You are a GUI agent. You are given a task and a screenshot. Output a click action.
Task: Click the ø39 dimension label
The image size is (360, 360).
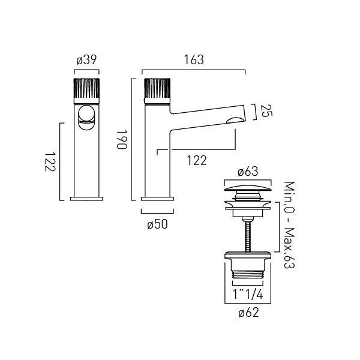click(x=86, y=59)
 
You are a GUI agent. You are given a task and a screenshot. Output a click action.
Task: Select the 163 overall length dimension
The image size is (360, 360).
click(x=194, y=59)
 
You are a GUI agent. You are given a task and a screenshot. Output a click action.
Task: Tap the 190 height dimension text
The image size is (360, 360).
click(x=122, y=140)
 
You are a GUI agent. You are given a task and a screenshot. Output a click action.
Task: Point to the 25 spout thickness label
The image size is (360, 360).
click(x=266, y=111)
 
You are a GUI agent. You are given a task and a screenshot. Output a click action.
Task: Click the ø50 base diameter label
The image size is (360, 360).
click(x=157, y=224)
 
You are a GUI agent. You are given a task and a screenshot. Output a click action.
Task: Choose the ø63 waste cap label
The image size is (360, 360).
click(x=248, y=172)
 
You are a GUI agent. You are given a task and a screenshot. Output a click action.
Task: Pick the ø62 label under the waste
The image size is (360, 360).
click(x=248, y=313)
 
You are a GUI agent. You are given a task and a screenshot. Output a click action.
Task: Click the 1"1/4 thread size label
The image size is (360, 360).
click(x=248, y=295)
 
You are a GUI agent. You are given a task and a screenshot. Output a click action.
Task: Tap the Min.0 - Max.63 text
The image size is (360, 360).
click(x=289, y=225)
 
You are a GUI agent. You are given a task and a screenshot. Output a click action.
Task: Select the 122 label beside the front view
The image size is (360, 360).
click(x=50, y=162)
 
